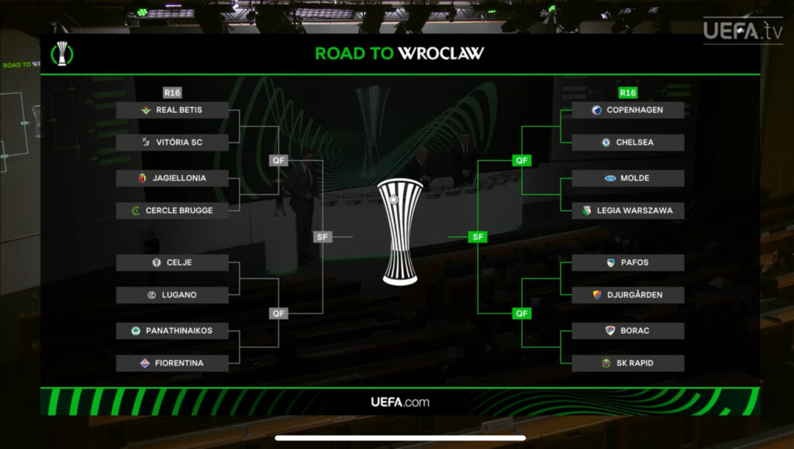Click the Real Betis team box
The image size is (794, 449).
(x=172, y=110)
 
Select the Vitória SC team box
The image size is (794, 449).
(x=172, y=142)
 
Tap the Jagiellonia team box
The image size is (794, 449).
(x=172, y=178)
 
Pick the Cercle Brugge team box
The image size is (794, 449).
(x=172, y=211)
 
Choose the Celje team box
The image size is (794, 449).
(x=172, y=262)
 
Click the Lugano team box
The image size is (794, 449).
(x=172, y=295)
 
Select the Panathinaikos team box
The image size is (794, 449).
(x=172, y=331)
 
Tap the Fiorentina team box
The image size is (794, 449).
(x=172, y=363)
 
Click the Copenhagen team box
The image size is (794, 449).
(x=627, y=110)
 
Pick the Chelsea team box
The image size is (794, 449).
(x=627, y=142)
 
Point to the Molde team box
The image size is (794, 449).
(x=627, y=178)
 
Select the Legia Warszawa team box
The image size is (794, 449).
(x=627, y=211)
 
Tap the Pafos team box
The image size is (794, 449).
(x=627, y=262)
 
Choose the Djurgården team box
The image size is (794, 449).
(x=627, y=295)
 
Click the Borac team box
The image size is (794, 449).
(x=627, y=331)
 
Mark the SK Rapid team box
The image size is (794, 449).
(x=627, y=363)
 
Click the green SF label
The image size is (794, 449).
(x=478, y=237)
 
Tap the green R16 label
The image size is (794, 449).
(x=627, y=93)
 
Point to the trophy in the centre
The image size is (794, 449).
(x=400, y=231)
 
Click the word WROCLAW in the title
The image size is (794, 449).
(x=441, y=53)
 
